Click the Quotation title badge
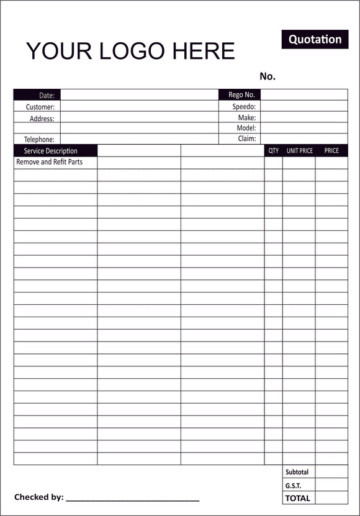315,39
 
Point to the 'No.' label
268,76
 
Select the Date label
47,96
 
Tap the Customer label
40,107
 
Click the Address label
42,118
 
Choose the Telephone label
39,140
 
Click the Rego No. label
241,95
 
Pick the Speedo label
244,107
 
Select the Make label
247,117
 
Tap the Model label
246,128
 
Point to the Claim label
247,139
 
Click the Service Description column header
51,151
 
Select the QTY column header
274,151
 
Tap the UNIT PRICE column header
300,151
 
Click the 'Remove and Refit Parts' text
49,162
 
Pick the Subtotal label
297,473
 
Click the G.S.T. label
293,486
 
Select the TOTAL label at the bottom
297,498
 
